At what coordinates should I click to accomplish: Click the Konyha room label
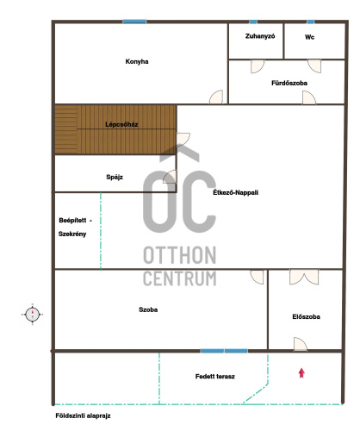(x=137, y=61)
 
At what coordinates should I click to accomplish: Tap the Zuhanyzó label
(x=260, y=36)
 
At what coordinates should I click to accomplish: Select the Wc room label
(x=309, y=37)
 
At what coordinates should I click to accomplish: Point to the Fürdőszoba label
(x=289, y=83)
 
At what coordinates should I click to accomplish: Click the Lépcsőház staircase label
(x=121, y=124)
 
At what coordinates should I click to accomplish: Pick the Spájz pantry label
(x=115, y=177)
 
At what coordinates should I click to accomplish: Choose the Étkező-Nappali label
(x=236, y=192)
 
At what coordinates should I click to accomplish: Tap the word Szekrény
(x=72, y=234)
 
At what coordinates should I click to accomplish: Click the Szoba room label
(x=148, y=309)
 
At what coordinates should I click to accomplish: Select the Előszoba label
(x=307, y=316)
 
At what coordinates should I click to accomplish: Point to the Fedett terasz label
(x=215, y=377)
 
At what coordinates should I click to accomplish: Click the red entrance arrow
(x=301, y=373)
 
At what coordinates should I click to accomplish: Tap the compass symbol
(x=33, y=315)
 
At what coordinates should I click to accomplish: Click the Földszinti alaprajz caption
(x=83, y=415)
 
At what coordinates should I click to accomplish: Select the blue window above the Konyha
(x=134, y=22)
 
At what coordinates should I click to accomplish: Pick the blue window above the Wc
(x=311, y=22)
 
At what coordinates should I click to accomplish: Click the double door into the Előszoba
(x=304, y=277)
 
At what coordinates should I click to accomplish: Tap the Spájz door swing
(x=170, y=177)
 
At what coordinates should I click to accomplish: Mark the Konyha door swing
(x=216, y=97)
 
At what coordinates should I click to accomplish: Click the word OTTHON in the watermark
(x=180, y=255)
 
